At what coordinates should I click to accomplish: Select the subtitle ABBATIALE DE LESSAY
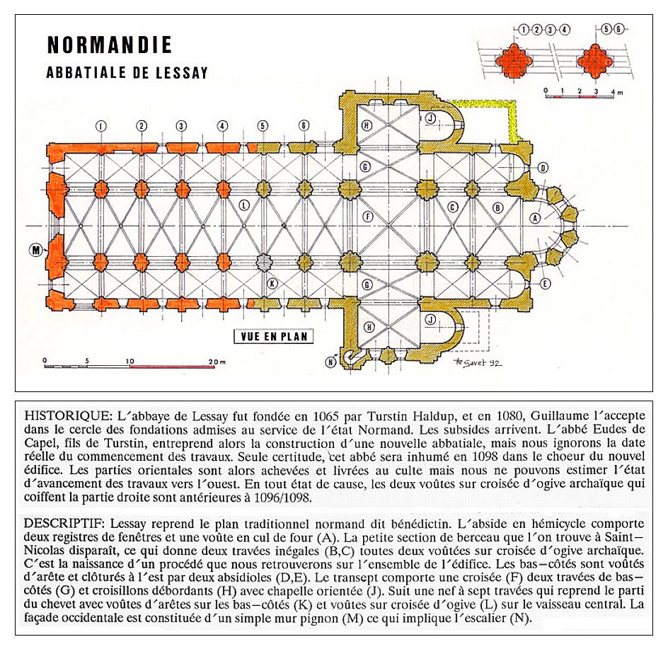point(127,72)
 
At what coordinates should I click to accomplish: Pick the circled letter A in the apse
point(535,218)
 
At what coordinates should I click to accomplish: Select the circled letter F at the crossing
point(367,216)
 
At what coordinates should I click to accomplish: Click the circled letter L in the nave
point(244,206)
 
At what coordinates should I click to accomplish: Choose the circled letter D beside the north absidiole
point(543,168)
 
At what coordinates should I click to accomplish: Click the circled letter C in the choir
point(451,207)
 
